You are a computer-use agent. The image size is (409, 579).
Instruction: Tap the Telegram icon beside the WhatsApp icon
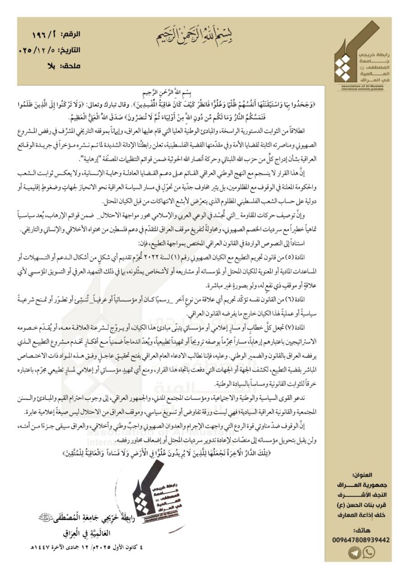(x=355, y=552)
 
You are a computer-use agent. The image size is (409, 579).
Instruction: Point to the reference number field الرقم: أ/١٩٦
(x=56, y=35)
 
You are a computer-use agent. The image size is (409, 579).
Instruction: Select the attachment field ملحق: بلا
(x=64, y=66)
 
